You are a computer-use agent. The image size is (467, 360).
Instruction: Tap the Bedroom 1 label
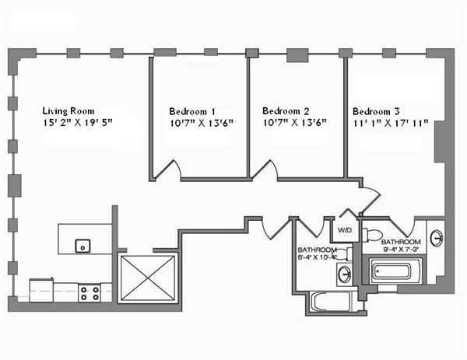192,110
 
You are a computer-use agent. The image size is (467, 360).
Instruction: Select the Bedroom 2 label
286,110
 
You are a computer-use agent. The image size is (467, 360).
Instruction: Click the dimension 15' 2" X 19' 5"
83,123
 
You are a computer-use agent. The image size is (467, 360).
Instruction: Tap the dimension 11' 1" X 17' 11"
390,123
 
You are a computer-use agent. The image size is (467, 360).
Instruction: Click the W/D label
342,230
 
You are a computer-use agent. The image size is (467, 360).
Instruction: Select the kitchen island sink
81,246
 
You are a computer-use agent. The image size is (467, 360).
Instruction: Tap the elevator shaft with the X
148,278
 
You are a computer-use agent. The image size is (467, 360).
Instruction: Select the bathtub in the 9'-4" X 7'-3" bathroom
394,272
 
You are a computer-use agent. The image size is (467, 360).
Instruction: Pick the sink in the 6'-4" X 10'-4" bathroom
344,273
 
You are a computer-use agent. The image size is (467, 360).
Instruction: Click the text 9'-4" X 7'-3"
402,249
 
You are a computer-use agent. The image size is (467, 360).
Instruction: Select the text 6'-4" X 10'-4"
317,256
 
